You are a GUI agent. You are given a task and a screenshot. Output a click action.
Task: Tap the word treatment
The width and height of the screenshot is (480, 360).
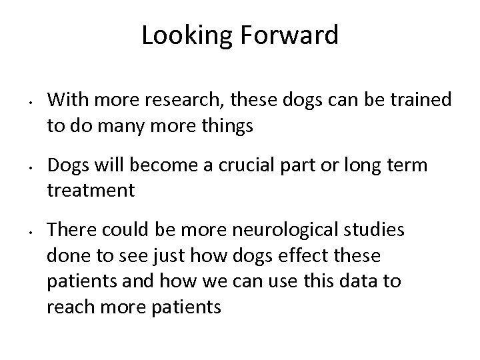coord(91,191)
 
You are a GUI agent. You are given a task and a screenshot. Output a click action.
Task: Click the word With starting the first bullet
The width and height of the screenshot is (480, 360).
coord(66,100)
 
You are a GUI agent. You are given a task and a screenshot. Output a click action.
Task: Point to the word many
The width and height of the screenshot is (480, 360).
coord(127,125)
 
